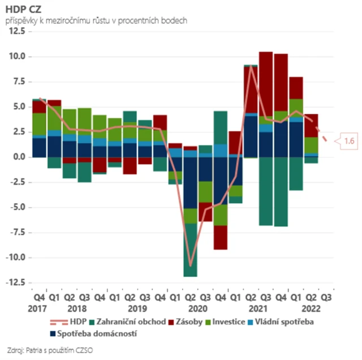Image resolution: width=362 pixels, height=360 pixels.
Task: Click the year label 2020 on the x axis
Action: [x=197, y=309]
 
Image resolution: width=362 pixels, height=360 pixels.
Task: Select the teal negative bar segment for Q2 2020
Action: [x=190, y=250]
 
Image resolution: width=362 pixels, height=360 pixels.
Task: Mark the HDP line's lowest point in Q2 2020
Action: [x=191, y=265]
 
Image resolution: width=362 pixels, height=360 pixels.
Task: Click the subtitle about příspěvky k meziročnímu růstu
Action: [x=96, y=20]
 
